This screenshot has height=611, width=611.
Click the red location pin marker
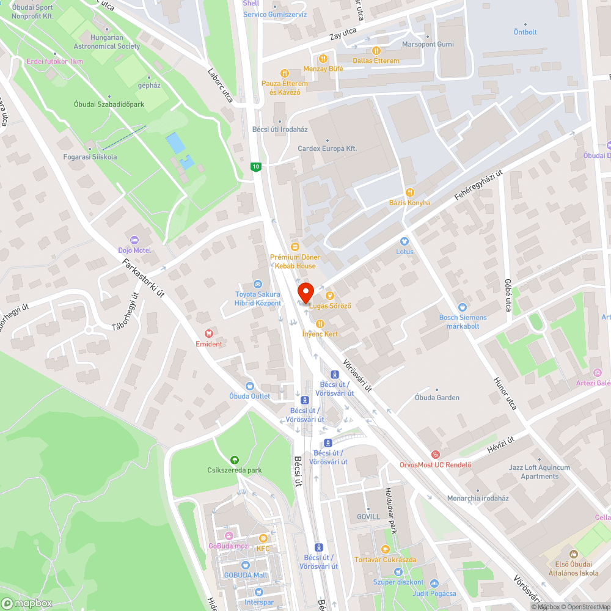[305, 292]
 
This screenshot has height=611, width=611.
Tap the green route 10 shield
[255, 166]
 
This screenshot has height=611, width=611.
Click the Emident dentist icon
[208, 334]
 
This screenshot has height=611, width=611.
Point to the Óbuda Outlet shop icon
[249, 386]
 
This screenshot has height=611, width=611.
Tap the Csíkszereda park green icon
[234, 460]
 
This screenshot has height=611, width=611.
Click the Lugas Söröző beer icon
[329, 296]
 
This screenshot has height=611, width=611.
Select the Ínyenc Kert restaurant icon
[320, 324]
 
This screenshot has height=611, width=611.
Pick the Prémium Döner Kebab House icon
[295, 247]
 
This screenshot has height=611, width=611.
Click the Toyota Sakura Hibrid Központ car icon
[258, 284]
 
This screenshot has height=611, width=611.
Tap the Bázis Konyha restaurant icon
[409, 192]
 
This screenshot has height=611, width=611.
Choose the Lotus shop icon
[404, 241]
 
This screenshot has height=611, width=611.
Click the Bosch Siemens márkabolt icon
[463, 307]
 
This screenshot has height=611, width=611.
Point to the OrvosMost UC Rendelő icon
[435, 455]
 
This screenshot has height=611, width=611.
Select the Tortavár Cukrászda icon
[385, 549]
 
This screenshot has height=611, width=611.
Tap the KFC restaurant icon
[263, 538]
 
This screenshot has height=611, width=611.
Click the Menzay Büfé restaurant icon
[323, 59]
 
